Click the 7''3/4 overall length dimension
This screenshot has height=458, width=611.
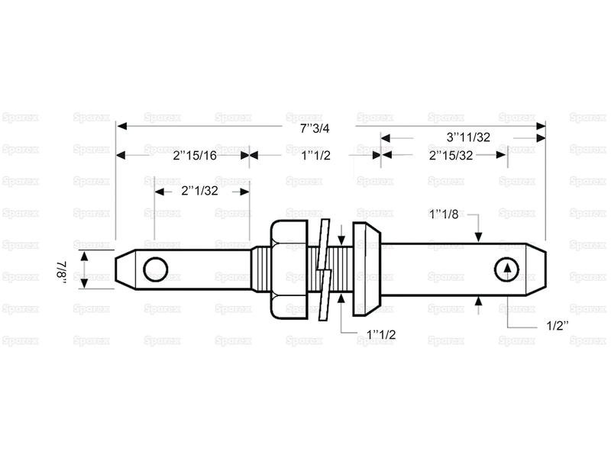315,128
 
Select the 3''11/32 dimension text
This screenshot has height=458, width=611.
468,137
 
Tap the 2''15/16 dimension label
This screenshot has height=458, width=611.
195,156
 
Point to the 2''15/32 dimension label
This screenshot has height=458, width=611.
451,156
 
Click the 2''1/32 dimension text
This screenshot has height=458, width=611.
199,191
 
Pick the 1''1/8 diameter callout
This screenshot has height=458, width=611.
444,214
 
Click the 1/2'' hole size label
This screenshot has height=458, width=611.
558,326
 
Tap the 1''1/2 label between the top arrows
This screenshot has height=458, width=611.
315,156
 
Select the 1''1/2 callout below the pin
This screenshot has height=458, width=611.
380,334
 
